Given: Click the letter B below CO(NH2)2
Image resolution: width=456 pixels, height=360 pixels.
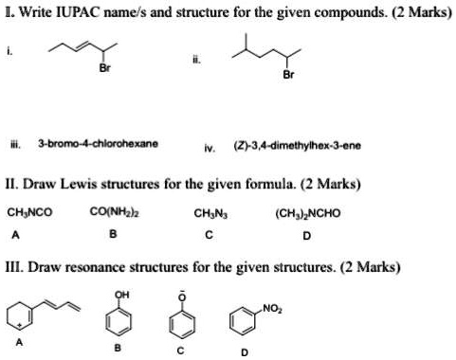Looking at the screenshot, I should pyautogui.click(x=116, y=234).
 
